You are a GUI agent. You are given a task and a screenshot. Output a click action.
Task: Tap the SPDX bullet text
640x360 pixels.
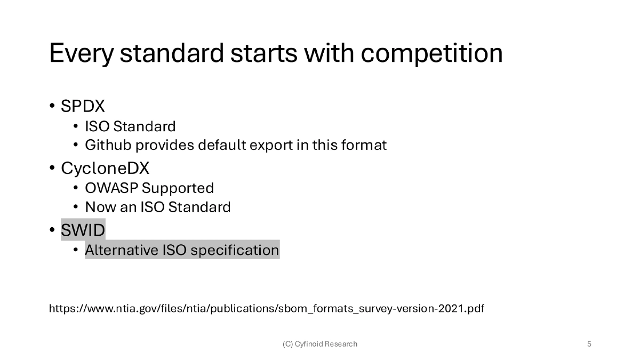83,106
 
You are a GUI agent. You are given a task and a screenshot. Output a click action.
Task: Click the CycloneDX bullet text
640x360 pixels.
105,169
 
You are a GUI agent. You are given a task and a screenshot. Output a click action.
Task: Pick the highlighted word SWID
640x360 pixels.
83,230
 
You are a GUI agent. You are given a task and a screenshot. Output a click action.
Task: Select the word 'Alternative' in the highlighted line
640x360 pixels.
122,250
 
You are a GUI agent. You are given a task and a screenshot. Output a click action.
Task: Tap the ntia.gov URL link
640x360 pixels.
266,309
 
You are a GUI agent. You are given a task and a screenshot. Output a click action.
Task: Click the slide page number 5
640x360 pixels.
589,344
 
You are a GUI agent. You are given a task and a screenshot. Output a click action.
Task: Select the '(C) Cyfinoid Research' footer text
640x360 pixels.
320,344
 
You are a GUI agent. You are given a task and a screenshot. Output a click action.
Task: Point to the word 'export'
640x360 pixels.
272,145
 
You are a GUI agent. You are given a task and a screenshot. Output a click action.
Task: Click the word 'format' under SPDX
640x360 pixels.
365,145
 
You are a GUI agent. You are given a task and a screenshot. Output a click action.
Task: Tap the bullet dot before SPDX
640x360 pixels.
53,106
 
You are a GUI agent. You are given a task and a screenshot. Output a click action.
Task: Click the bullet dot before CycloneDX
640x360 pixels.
53,169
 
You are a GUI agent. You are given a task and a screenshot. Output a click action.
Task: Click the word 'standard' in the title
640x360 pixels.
173,53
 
